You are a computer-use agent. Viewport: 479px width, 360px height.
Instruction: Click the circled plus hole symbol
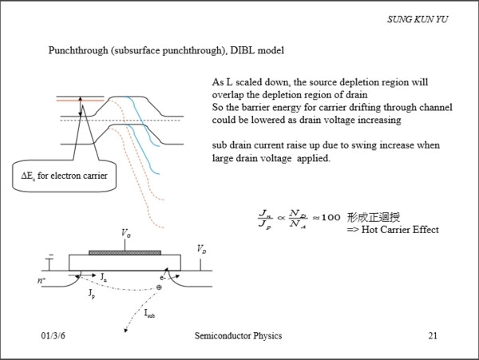pos(159,287)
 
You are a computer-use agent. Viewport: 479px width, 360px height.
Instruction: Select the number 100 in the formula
pos(331,217)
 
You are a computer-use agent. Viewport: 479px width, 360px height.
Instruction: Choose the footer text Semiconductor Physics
pos(238,336)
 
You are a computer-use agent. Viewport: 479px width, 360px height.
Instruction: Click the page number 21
pos(433,336)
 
